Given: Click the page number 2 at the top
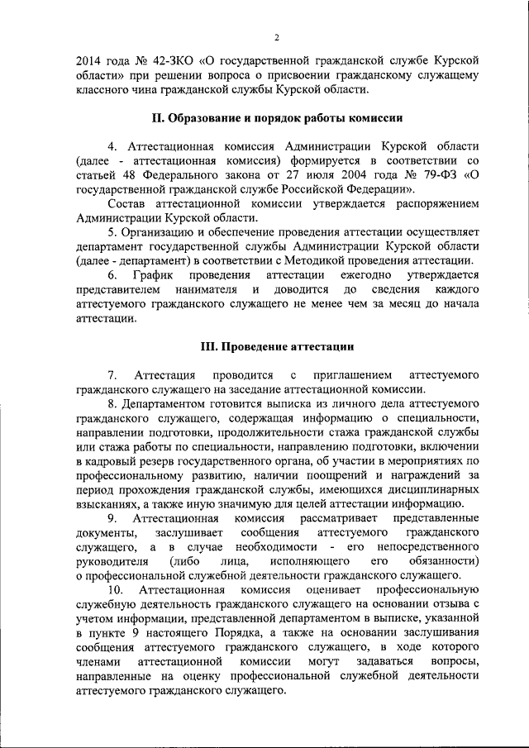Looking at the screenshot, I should click(277, 37).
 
